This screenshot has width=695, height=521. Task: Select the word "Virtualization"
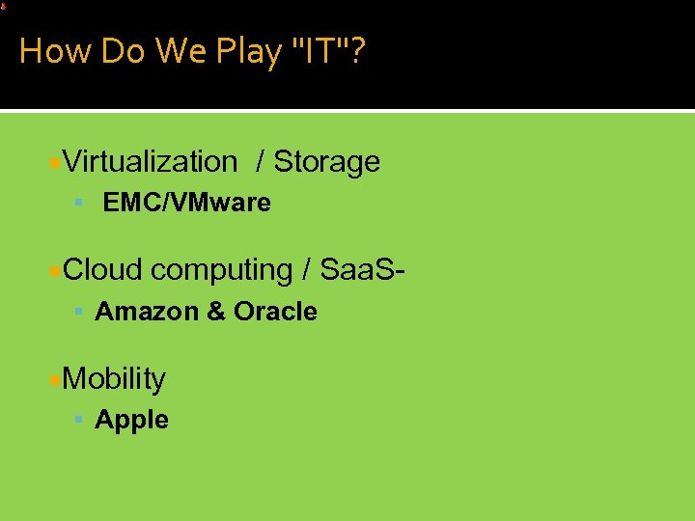[150, 162]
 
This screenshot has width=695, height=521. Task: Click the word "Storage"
[326, 162]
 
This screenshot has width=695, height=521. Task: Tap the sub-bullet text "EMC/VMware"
[186, 204]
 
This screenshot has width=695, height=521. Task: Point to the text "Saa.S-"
[360, 270]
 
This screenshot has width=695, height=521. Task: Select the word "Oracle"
[275, 312]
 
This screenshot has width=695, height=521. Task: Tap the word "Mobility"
[114, 379]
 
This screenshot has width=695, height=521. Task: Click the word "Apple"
[131, 421]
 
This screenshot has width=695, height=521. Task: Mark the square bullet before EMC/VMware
[79, 204]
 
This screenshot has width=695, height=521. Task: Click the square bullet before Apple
[79, 421]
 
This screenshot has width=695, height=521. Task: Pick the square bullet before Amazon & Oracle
[79, 312]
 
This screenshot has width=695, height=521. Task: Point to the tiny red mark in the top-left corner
[3, 6]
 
